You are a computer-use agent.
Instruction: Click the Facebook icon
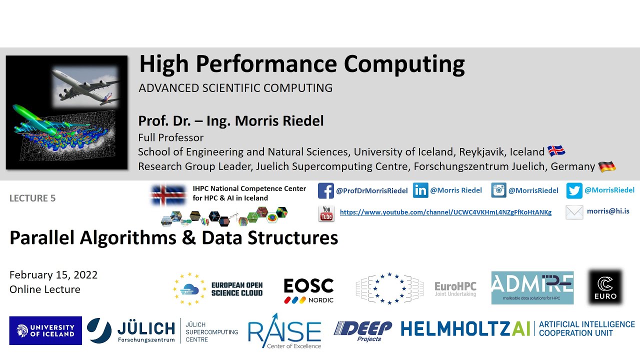[x=325, y=191]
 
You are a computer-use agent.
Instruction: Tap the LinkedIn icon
[x=420, y=190]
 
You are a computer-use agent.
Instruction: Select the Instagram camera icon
[x=498, y=190]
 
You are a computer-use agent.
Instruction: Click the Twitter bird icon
[x=574, y=190]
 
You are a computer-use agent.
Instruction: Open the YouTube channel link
[x=445, y=212]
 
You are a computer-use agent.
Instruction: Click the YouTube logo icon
[x=326, y=213]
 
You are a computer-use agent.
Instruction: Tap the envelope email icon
[x=574, y=212]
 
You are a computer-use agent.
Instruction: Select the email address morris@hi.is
[x=608, y=211]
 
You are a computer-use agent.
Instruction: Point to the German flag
[x=606, y=167]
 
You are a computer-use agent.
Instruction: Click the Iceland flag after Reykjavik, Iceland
[x=556, y=151]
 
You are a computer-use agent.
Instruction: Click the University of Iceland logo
[x=45, y=330]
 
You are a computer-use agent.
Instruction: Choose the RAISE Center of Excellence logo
[x=284, y=331]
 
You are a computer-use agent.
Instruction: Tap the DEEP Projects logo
[x=363, y=330]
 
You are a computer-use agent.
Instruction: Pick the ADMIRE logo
[x=532, y=287]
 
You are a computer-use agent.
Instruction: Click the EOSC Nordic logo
[x=308, y=290]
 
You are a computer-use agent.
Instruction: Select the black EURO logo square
[x=605, y=287]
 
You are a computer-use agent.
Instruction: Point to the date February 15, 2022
[x=53, y=275]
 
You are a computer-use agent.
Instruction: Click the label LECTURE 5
[x=32, y=198]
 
